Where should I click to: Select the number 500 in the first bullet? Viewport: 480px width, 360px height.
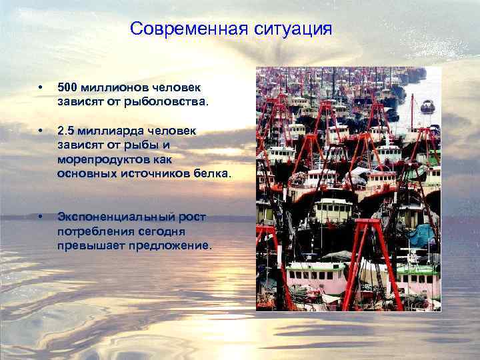point(68,87)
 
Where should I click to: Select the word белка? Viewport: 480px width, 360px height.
point(213,174)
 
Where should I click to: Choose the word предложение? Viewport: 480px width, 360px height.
point(172,245)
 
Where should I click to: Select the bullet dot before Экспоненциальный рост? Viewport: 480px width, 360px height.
point(41,218)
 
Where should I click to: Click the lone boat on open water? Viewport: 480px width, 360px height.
point(427,105)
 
